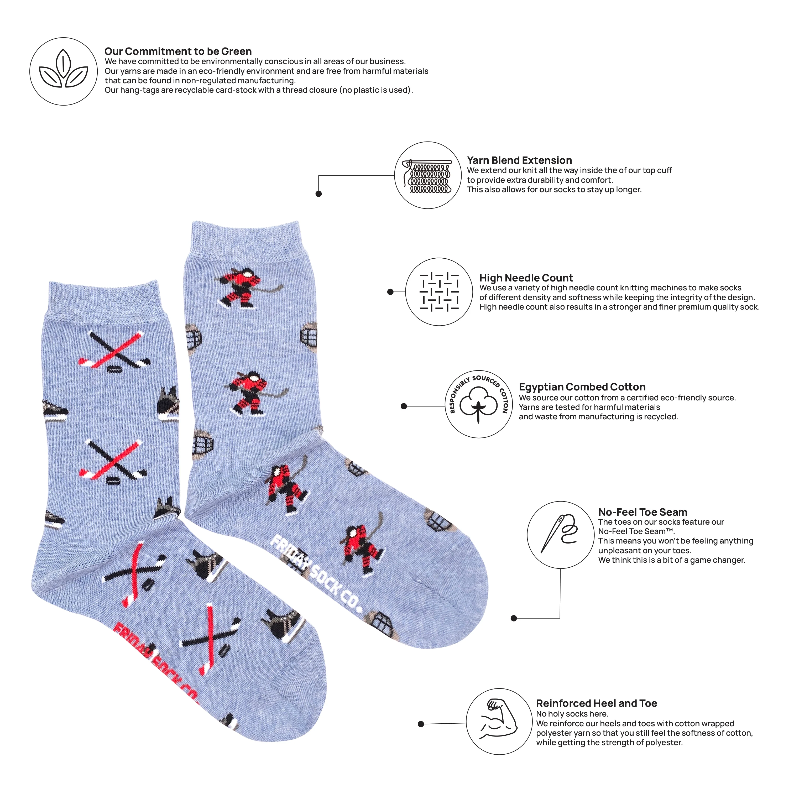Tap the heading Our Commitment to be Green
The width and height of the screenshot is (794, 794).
[x=178, y=51]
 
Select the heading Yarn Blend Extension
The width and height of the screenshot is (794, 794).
[x=519, y=160]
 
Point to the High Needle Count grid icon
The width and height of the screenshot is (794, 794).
[x=439, y=292]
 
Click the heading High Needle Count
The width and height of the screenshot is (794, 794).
[x=526, y=278]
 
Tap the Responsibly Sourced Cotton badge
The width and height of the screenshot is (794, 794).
[x=479, y=404]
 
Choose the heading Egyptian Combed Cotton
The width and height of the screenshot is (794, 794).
[x=582, y=387]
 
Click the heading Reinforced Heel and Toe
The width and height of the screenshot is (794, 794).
[x=596, y=703]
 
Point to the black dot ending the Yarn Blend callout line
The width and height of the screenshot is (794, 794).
[x=318, y=194]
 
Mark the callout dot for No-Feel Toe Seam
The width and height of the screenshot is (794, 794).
[x=514, y=618]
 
